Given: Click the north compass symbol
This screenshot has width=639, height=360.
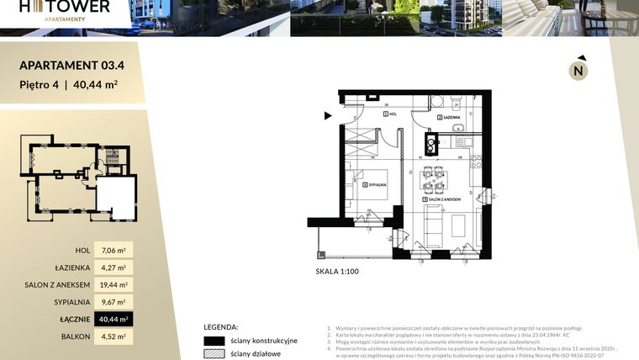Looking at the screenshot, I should click(578, 70).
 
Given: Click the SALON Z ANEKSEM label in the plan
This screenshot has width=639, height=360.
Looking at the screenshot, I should click(447, 199).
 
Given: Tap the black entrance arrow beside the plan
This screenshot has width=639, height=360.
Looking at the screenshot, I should click(327, 116).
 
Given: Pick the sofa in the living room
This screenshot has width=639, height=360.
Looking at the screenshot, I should click(434, 222).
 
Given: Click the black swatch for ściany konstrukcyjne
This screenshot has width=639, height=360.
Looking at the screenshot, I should click(214, 341).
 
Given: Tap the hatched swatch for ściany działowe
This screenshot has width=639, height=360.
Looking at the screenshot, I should click(214, 354).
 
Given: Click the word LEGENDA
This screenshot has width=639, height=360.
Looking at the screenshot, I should click(220, 326).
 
